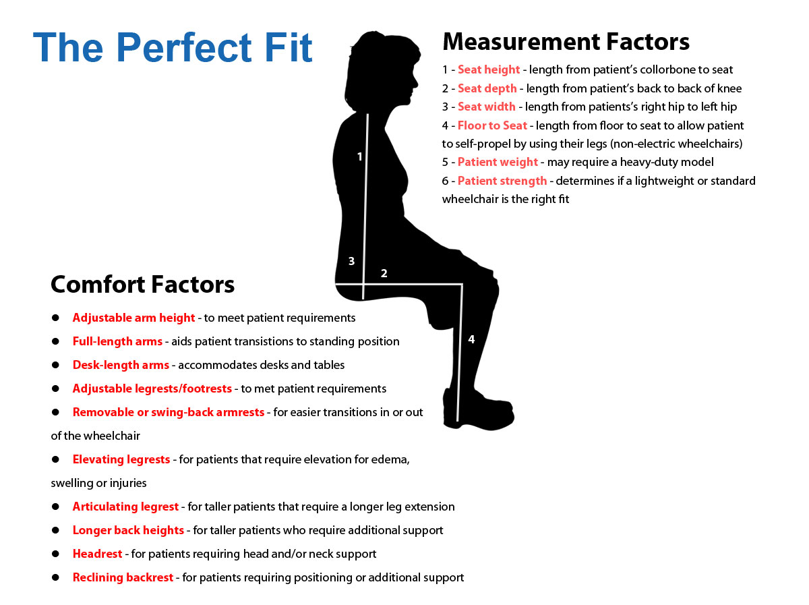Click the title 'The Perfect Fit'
pos(172,48)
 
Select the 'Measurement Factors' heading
pos(565,41)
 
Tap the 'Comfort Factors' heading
pos(142,284)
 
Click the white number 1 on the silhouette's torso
pos(359,156)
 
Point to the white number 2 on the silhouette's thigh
pos(384,273)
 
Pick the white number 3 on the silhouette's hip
pos(351,261)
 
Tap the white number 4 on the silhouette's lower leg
pos(471,339)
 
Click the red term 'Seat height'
pos(488,69)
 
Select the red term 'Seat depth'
pos(487,88)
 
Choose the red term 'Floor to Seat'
pos(492,125)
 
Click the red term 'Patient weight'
pos(498,162)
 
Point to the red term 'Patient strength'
pos(502,181)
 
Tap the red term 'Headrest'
pos(97,553)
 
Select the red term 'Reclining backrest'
pos(123,577)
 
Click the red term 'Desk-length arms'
pos(121,365)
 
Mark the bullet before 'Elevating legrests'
pos(56,459)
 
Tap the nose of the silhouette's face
pos(415,81)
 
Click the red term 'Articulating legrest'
pos(125,507)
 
